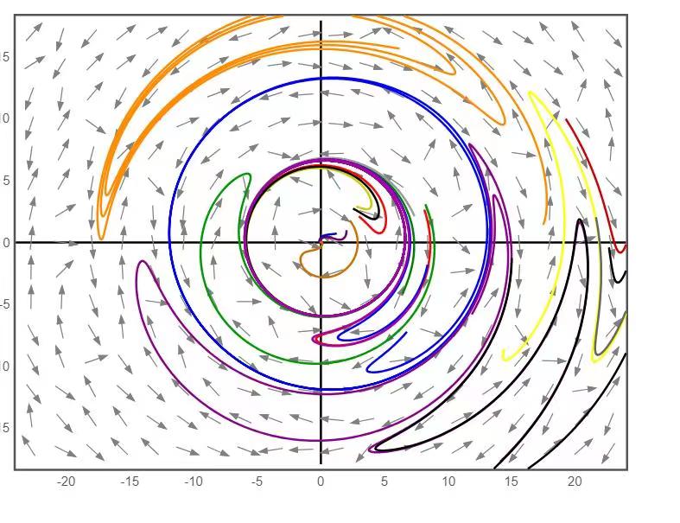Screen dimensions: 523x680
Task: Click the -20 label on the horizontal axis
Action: (67, 482)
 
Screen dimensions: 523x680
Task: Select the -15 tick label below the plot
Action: (130, 482)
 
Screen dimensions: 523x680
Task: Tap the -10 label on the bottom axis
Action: (194, 482)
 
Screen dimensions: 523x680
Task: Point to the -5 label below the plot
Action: (257, 482)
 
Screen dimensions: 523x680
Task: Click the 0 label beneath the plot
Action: (321, 482)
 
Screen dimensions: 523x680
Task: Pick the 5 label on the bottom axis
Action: (384, 482)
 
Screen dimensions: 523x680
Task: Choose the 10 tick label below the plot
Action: (448, 482)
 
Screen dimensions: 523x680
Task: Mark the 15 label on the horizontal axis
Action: (512, 482)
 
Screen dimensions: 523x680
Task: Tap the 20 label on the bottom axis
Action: (575, 482)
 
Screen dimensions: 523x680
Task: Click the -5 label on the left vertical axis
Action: (5, 303)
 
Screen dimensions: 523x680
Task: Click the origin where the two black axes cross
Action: (321, 242)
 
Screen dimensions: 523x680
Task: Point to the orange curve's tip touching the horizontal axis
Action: (101, 238)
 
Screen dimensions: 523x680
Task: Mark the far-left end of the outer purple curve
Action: (139, 264)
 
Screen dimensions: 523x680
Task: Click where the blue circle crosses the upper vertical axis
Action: (321, 79)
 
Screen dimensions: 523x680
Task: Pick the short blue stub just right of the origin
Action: (329, 235)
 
